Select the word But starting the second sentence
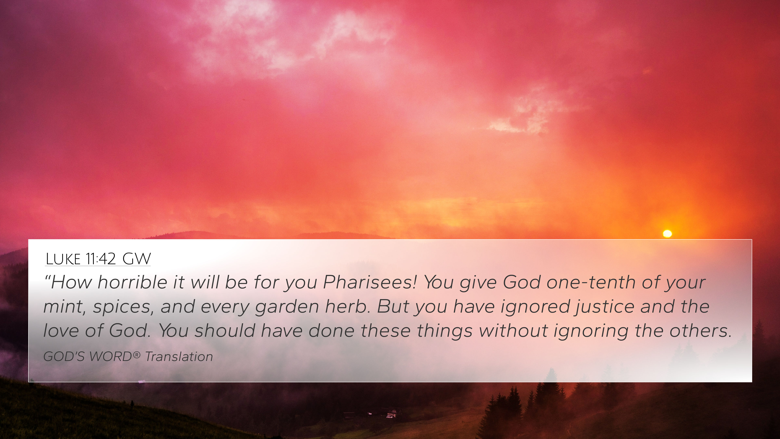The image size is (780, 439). (x=392, y=306)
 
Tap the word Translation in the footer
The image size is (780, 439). (x=179, y=357)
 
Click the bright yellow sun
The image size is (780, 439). (x=667, y=234)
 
